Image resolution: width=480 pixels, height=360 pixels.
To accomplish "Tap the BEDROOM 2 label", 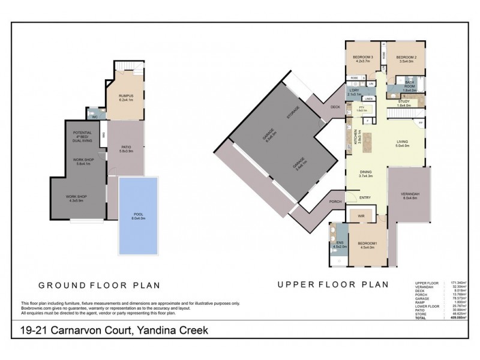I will click(407, 58).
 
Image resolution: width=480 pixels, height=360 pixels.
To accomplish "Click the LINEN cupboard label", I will click(369, 98).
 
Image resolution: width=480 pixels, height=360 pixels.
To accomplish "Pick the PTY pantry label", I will click(361, 109).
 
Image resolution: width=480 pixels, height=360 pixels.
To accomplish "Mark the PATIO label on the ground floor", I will click(125, 149).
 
